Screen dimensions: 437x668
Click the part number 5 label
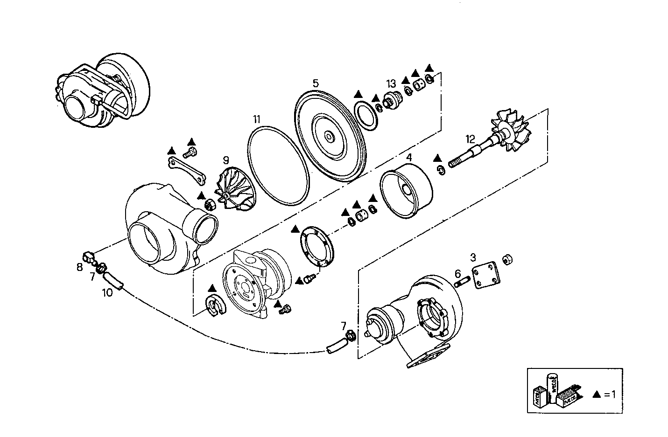316,83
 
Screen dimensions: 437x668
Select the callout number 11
256,119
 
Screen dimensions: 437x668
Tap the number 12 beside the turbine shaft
470,139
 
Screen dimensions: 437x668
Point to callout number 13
391,84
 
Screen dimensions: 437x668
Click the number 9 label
226,160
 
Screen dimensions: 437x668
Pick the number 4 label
409,158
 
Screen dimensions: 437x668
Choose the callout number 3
473,257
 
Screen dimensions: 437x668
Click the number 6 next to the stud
458,274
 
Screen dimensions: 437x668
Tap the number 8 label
80,267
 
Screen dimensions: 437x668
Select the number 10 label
107,292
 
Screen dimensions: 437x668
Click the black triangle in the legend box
597,394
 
